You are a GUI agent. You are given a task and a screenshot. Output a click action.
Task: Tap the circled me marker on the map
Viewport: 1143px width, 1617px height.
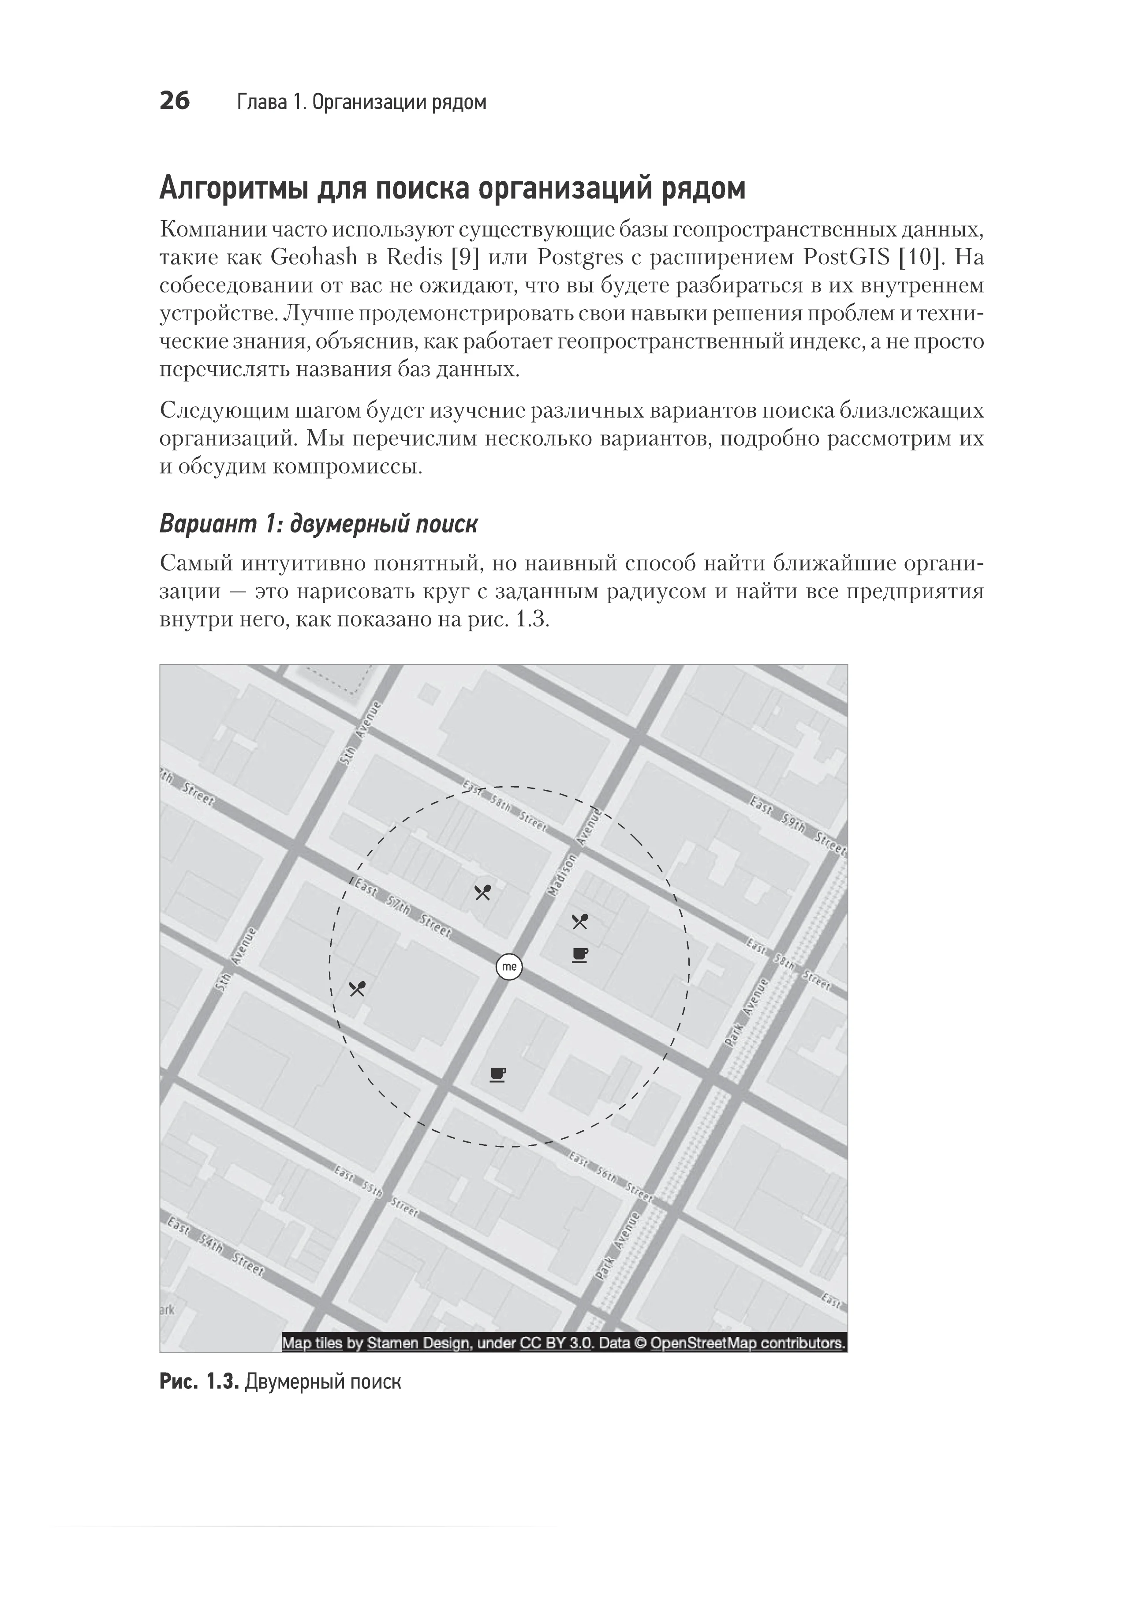click(x=509, y=966)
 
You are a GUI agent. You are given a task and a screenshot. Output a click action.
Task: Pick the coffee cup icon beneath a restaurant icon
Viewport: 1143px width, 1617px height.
click(x=579, y=955)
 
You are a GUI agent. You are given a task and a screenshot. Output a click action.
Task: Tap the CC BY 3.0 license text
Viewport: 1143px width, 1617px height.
click(x=557, y=1343)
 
